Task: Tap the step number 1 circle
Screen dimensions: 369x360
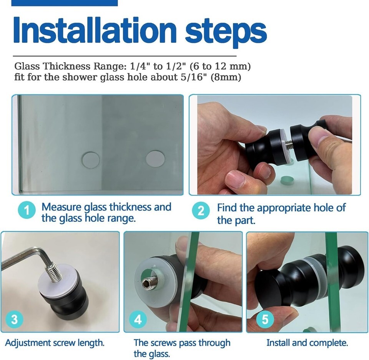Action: [27, 211]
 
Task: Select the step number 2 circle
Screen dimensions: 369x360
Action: [201, 211]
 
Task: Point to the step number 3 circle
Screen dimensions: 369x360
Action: [14, 320]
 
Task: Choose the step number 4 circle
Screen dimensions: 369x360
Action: [138, 320]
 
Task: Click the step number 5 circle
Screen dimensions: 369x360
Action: [265, 320]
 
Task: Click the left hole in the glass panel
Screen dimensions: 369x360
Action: [91, 160]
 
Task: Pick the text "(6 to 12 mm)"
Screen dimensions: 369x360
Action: [220, 66]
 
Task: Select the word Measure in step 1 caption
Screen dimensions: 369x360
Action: [62, 207]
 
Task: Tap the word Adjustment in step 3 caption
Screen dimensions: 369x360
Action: [27, 343]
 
